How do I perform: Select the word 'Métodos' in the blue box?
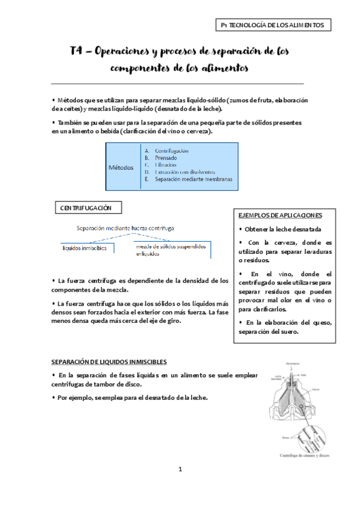coord(121,167)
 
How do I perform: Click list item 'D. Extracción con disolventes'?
coord(180,172)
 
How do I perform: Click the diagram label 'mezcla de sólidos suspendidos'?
coord(171,247)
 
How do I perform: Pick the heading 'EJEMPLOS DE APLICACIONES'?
coord(279,215)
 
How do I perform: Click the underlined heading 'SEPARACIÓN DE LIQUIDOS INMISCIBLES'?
coord(109,361)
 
